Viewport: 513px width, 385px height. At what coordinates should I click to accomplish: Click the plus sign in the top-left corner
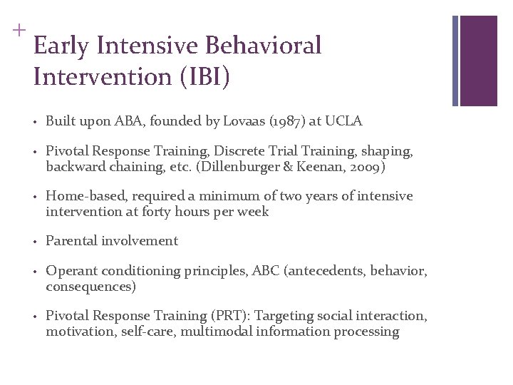[x=18, y=30]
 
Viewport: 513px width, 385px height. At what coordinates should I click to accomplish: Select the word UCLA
[x=344, y=121]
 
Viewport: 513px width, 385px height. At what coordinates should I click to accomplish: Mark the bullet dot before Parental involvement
[x=35, y=242]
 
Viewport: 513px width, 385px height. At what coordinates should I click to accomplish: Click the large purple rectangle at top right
[x=477, y=61]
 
